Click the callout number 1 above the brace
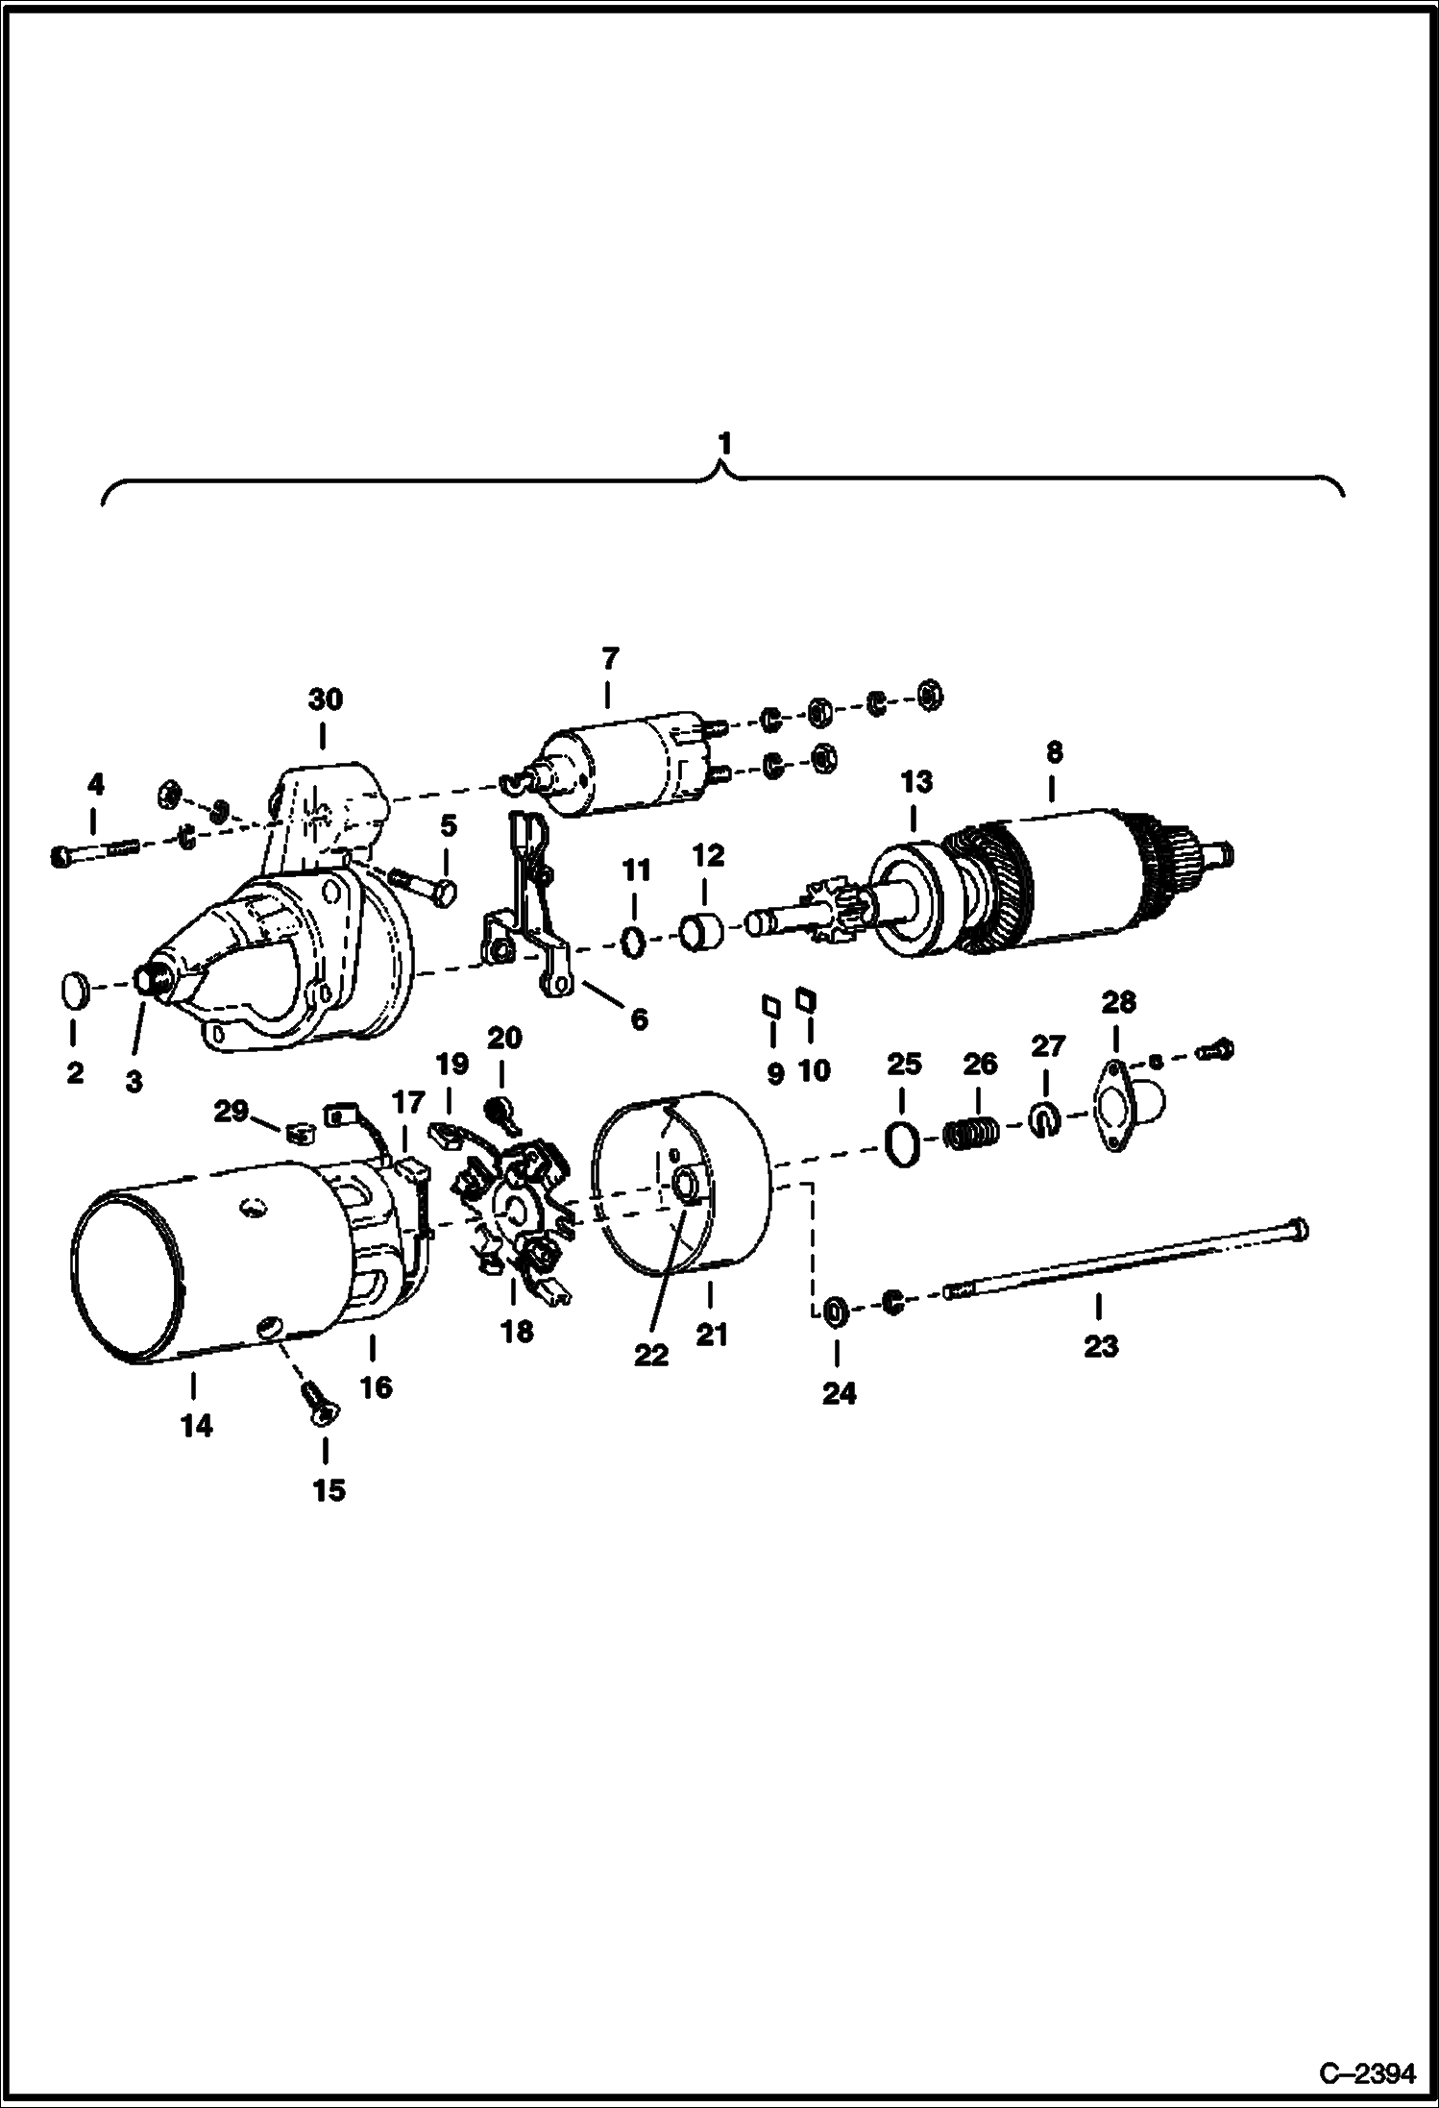725,444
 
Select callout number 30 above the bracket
325,699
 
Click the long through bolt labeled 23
1124,1260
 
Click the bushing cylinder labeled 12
700,931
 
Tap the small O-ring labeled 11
634,942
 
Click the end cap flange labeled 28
1120,1111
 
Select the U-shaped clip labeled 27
1045,1120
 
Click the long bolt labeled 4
96,851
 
